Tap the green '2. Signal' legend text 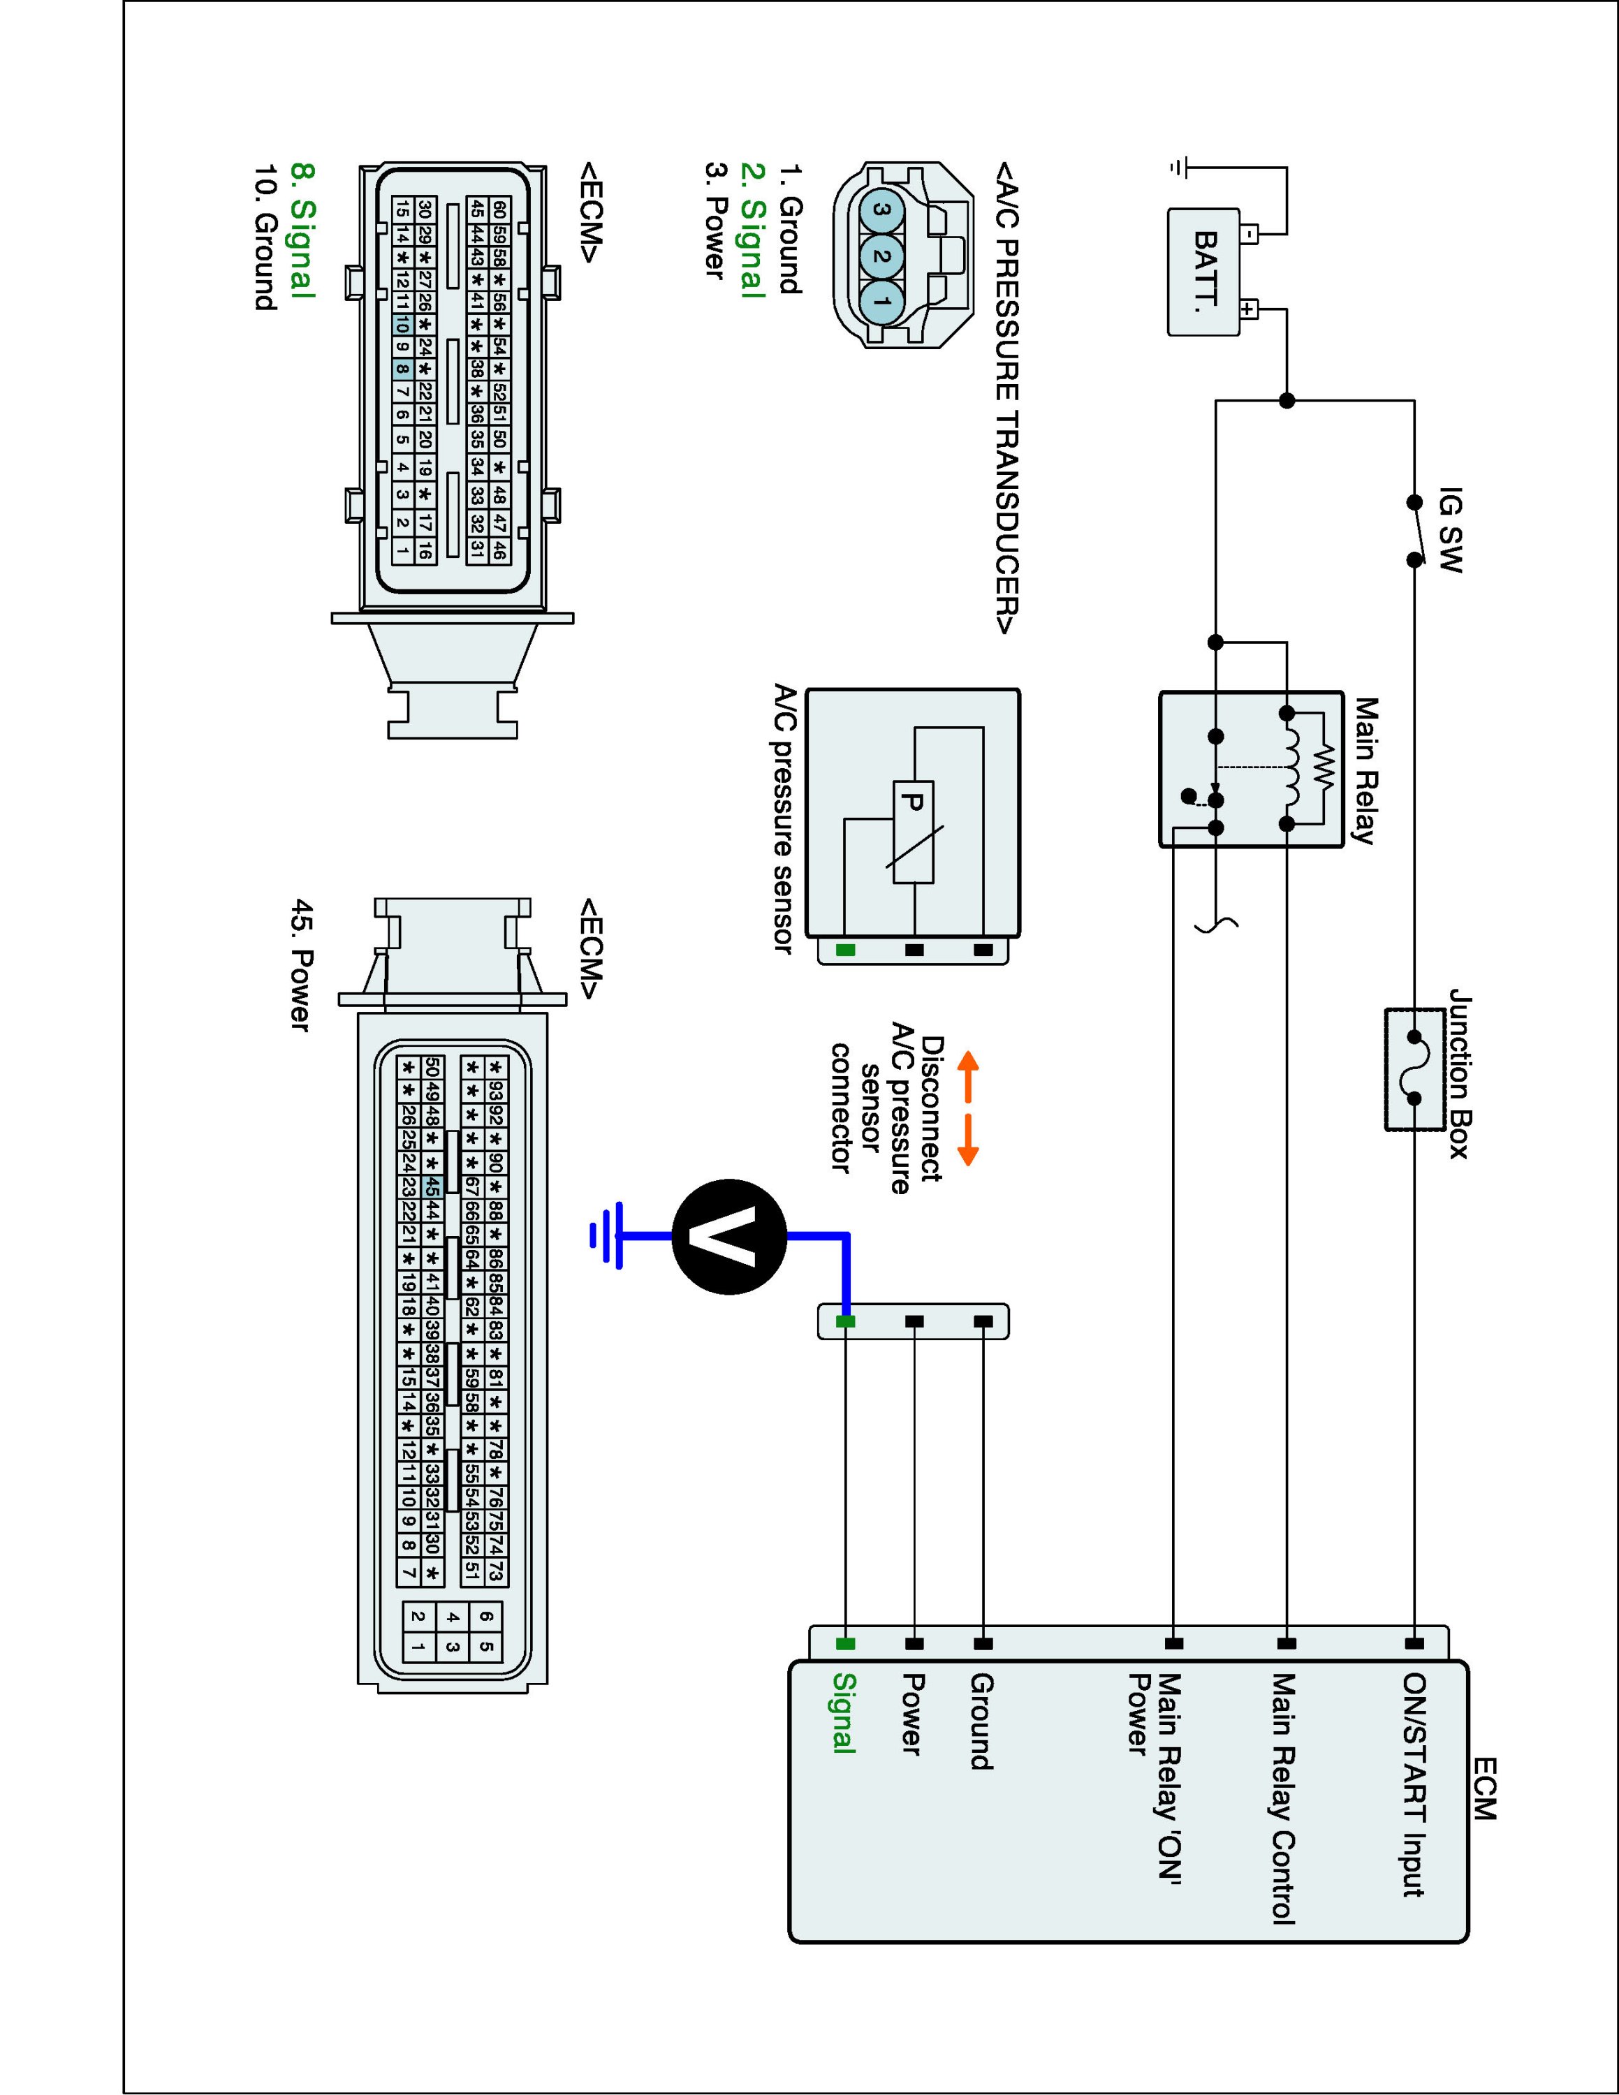pos(753,230)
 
